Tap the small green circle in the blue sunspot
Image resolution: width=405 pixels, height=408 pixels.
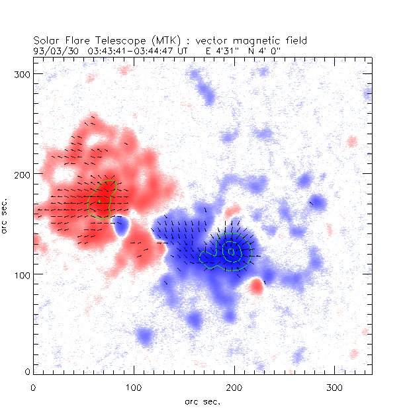pos(230,251)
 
